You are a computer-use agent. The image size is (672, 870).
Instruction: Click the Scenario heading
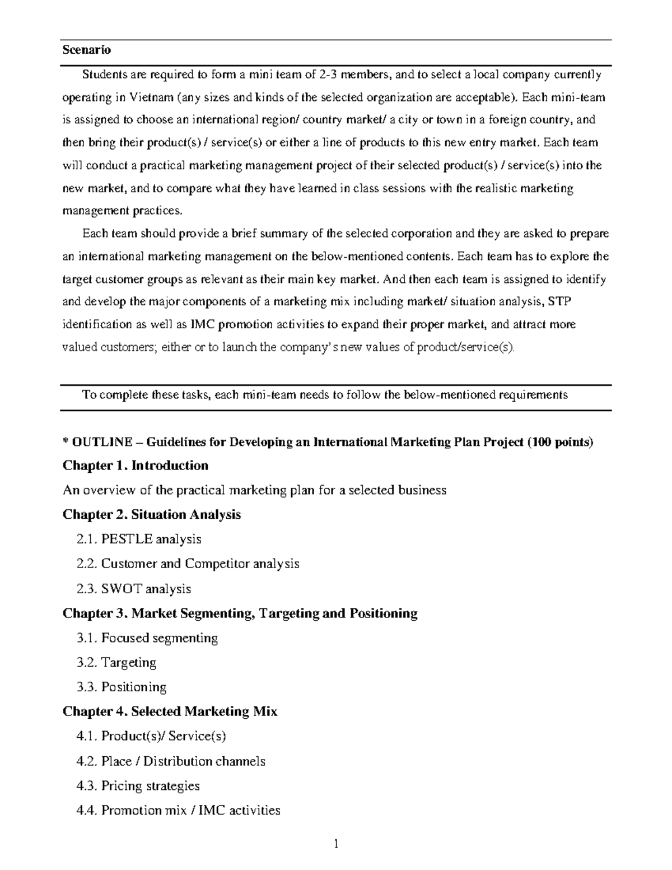(87, 50)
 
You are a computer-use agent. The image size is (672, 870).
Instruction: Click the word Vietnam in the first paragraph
(151, 97)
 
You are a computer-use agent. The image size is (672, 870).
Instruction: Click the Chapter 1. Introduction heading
(136, 466)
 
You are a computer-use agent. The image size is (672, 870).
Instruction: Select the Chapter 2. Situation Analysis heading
(152, 514)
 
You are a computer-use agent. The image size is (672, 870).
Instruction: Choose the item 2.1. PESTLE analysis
(139, 539)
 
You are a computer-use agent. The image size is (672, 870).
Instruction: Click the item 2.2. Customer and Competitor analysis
(188, 564)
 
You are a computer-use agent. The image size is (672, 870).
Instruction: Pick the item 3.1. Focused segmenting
(147, 638)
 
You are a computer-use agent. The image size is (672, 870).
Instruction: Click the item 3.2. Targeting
(116, 662)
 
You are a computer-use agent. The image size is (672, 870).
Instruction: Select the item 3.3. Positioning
(122, 687)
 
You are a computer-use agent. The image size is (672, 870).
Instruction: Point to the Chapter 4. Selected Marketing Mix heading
(170, 711)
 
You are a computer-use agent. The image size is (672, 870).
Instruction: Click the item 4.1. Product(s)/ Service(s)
(151, 736)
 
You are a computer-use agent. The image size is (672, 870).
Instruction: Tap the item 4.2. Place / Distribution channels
(171, 761)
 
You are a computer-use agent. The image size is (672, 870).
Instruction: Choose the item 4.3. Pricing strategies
(138, 786)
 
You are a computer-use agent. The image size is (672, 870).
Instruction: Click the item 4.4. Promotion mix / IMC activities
(178, 810)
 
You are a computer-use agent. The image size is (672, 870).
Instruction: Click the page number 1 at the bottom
(336, 844)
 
